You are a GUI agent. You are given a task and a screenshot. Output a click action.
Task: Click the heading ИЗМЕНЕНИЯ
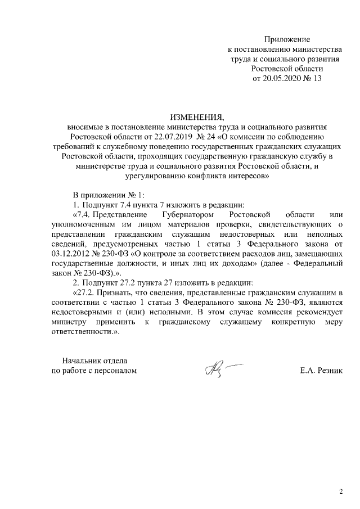(x=196, y=118)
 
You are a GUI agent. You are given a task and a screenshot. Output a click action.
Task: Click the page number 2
(x=341, y=492)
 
